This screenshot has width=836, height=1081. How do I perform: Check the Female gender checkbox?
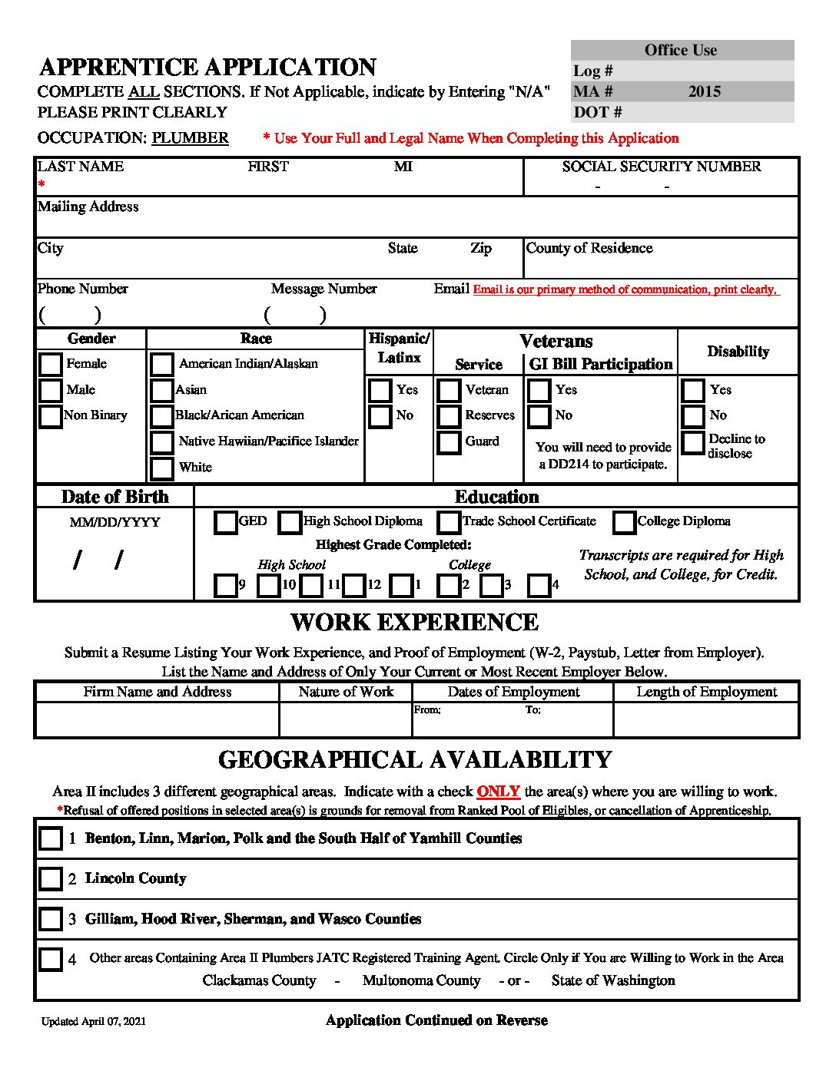[x=51, y=364]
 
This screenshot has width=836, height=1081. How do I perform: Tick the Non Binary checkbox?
[x=51, y=416]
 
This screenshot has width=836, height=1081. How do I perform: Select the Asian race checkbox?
[x=161, y=390]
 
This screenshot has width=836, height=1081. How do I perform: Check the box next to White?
[x=161, y=468]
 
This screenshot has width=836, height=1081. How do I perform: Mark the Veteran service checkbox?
[x=449, y=390]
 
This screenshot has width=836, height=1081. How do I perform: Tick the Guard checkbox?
[x=449, y=442]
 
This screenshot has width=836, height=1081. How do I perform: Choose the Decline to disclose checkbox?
[x=693, y=442]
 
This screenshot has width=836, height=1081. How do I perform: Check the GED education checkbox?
[x=225, y=522]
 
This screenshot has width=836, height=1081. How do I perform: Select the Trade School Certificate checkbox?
[x=449, y=522]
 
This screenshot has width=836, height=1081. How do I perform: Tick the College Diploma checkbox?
[x=624, y=522]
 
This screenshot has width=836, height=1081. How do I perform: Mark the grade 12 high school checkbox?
[x=353, y=586]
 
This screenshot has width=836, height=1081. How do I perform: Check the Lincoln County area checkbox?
[x=51, y=878]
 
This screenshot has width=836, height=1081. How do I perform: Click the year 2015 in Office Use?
[x=704, y=91]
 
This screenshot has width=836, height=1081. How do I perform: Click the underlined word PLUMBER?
[x=190, y=138]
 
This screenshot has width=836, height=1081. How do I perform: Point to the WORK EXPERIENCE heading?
[x=414, y=622]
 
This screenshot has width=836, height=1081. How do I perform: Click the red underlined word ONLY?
[x=498, y=792]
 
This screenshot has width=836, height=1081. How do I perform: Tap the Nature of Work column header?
[x=346, y=692]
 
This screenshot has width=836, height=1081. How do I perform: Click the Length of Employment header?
[x=706, y=692]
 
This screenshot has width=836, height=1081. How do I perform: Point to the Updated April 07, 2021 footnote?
[x=94, y=1021]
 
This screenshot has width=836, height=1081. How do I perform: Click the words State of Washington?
[x=613, y=980]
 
